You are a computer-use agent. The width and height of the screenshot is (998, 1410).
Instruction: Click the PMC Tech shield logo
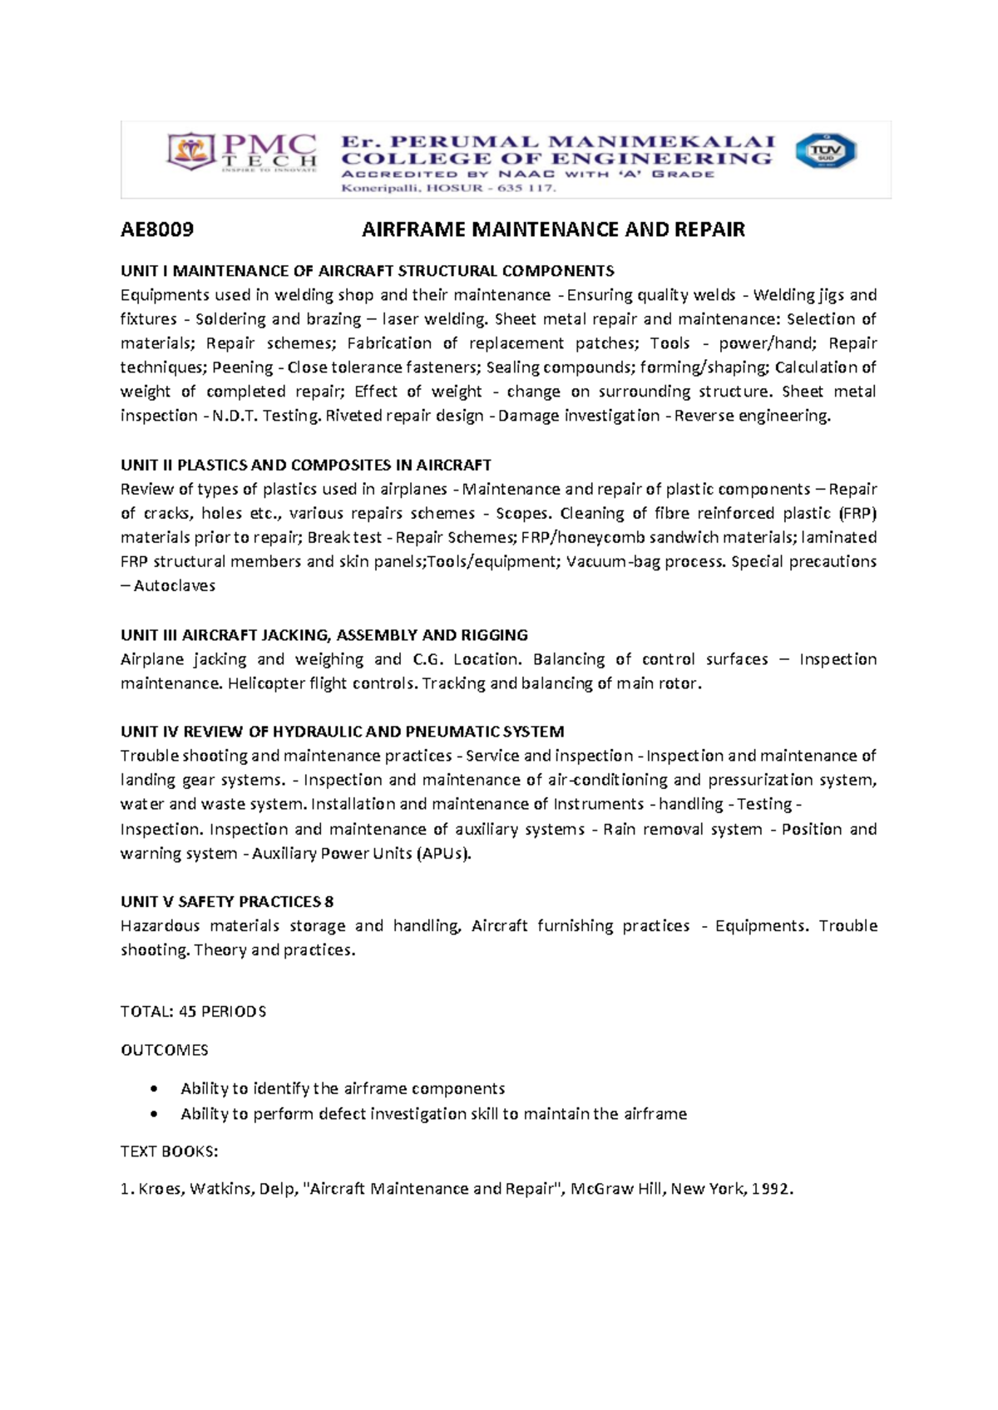pyautogui.click(x=192, y=152)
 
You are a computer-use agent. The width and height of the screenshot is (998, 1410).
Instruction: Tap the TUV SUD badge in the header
pyautogui.click(x=825, y=151)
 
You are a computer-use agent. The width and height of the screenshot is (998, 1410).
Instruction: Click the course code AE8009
pyautogui.click(x=157, y=230)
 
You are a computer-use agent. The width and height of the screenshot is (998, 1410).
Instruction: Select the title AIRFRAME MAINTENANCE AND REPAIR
pyautogui.click(x=553, y=230)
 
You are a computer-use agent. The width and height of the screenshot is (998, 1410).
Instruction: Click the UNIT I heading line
pyautogui.click(x=367, y=271)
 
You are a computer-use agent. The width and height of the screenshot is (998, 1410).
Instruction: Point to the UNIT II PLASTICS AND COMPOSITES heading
pyautogui.click(x=305, y=465)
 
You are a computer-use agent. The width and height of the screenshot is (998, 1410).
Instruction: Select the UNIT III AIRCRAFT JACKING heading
pyautogui.click(x=324, y=635)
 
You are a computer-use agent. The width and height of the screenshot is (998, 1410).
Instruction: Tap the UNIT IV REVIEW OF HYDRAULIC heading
pyautogui.click(x=342, y=732)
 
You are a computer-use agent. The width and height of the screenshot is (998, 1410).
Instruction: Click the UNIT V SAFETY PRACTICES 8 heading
pyautogui.click(x=227, y=902)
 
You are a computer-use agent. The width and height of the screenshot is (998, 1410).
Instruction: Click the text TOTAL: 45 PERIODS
pyautogui.click(x=193, y=1012)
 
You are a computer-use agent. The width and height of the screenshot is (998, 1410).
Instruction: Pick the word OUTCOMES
pyautogui.click(x=164, y=1050)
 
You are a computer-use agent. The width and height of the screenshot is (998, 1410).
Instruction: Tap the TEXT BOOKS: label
pyautogui.click(x=169, y=1152)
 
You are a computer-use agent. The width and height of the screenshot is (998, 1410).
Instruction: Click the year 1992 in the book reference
pyautogui.click(x=771, y=1189)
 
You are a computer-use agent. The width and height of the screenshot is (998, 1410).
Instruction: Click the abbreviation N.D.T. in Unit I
pyautogui.click(x=235, y=416)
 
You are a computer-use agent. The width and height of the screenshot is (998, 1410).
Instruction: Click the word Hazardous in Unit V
pyautogui.click(x=160, y=926)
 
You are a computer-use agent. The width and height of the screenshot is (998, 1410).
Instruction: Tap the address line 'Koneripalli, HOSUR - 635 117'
pyautogui.click(x=448, y=189)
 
